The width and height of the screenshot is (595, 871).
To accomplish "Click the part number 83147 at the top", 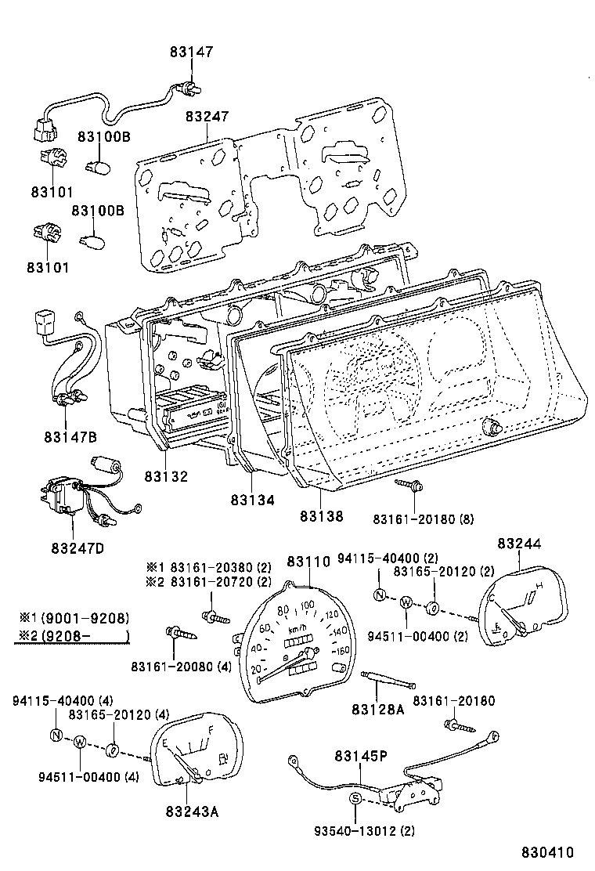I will [191, 52].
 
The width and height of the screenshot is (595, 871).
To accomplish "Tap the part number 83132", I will [165, 476].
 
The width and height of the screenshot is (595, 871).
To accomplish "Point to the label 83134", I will [252, 499].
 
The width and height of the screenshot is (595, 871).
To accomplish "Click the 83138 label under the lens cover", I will [321, 516].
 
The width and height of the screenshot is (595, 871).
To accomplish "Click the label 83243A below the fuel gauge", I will [192, 811].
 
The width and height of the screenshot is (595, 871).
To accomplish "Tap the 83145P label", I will [361, 756].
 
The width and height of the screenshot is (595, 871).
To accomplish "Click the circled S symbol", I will [355, 798].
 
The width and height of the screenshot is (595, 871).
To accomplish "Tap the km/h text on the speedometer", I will [298, 629].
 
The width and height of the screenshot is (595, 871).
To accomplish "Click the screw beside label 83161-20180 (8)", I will [409, 487].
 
